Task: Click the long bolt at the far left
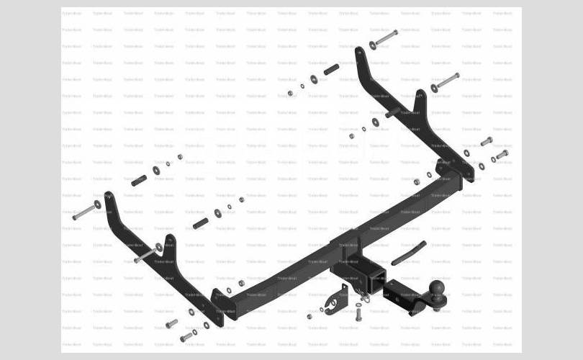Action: pos(85,212)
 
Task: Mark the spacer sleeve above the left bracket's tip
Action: pos(139,179)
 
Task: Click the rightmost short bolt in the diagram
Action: pos(501,155)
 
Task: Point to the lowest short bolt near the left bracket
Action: pos(186,336)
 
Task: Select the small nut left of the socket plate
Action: pos(309,316)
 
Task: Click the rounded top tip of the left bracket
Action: pos(109,196)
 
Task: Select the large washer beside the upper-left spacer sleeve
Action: pos(156,170)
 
